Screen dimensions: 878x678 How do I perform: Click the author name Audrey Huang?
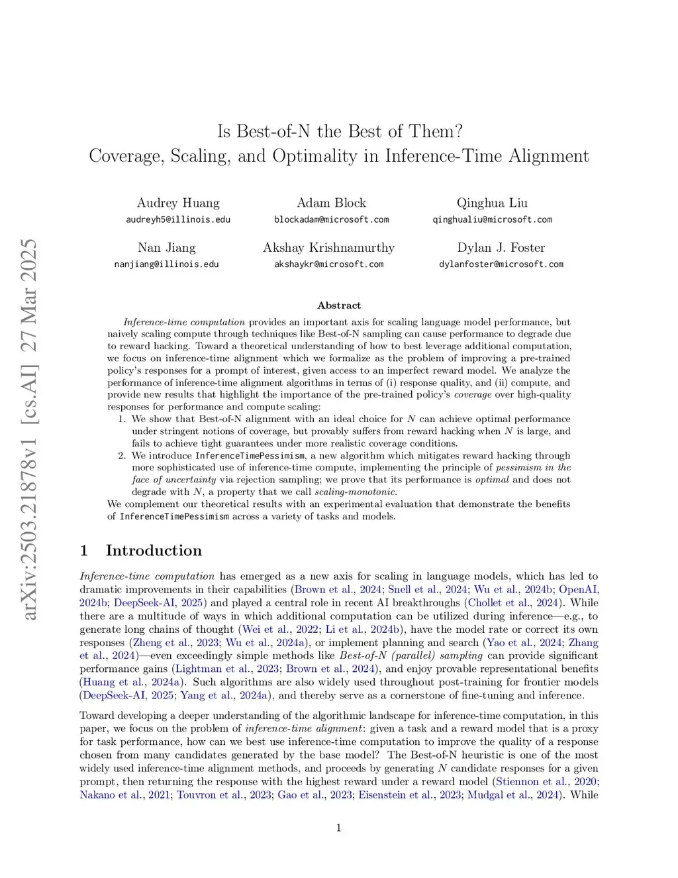178,203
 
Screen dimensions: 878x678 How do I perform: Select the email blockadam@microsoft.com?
331,219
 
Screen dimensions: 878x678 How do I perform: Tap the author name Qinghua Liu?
492,203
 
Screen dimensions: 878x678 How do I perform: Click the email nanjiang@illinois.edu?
166,264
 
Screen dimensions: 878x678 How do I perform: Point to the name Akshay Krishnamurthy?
328,248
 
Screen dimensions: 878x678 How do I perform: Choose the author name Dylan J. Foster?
501,248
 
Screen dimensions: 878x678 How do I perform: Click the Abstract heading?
339,305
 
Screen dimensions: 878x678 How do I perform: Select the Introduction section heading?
153,551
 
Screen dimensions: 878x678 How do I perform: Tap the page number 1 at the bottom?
339,828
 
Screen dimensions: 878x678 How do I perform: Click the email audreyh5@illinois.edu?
178,219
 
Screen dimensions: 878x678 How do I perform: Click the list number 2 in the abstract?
122,456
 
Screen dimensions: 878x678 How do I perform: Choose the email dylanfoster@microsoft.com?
501,264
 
